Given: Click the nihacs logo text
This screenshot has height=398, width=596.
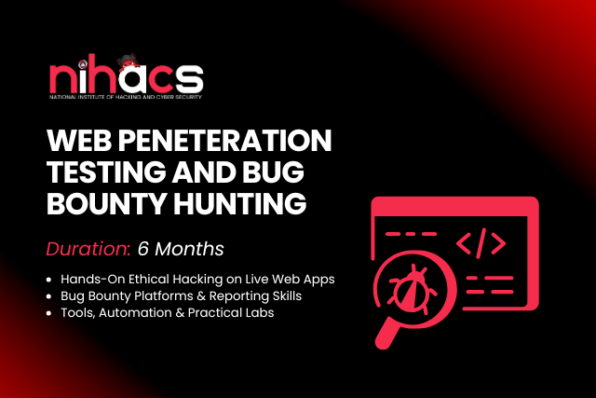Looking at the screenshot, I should [125, 78].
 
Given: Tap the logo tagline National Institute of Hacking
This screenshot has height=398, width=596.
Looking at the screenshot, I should [125, 96].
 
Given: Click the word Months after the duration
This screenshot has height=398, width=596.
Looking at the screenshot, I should [191, 249].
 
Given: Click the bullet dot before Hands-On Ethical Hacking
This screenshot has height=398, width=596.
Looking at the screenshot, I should [51, 280].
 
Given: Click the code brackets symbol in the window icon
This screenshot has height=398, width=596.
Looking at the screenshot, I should [481, 244].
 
